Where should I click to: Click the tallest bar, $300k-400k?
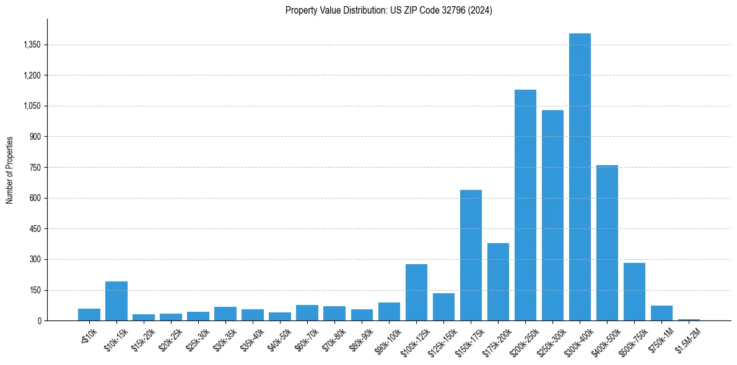tap(580, 177)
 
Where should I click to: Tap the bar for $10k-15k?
tap(116, 301)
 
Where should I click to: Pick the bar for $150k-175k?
tap(471, 255)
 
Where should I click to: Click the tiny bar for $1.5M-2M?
tap(689, 319)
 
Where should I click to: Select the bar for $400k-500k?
tap(607, 243)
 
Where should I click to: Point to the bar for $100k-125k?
tap(416, 293)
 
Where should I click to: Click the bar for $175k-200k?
tap(498, 282)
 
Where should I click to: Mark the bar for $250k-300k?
tap(552, 215)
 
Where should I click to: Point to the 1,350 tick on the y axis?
tap(31, 45)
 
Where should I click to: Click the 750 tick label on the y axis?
tap(35, 168)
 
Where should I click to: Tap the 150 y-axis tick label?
tap(35, 290)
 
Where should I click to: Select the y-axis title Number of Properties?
tap(9, 170)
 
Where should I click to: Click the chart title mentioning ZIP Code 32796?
tap(389, 10)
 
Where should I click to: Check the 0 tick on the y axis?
tap(39, 321)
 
